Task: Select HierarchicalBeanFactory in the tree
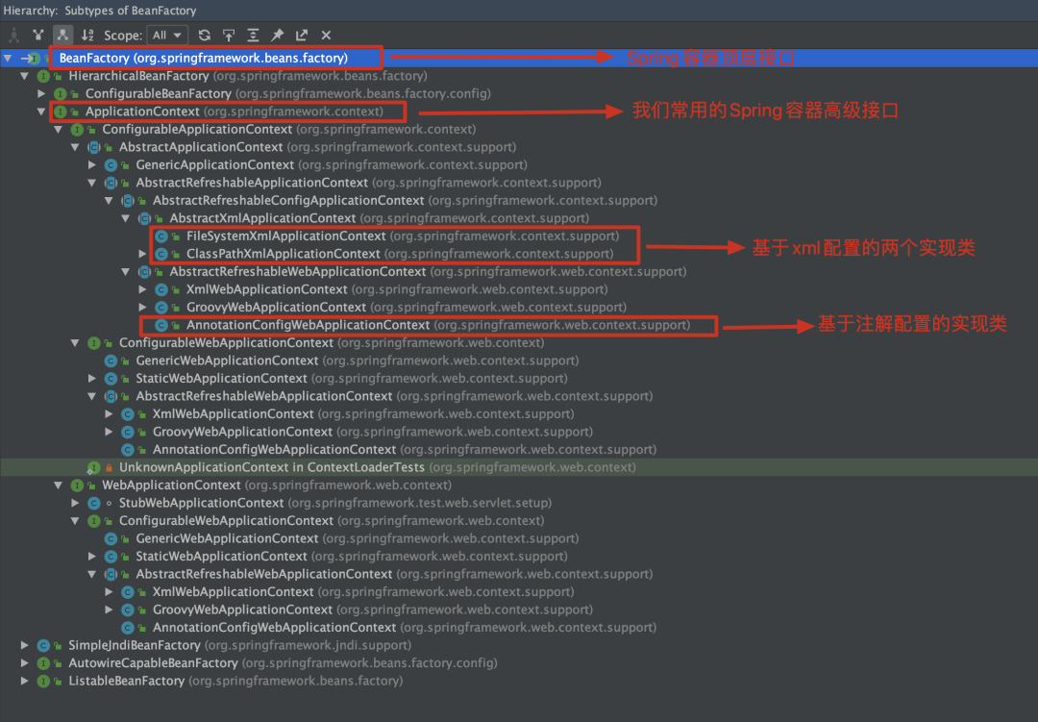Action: point(138,76)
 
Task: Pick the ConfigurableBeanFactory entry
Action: point(158,93)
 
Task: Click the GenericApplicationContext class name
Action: point(214,164)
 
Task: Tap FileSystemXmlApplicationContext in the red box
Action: point(285,236)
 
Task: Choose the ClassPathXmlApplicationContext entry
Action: point(283,254)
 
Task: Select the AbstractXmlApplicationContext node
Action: point(262,218)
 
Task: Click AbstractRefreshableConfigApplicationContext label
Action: point(288,200)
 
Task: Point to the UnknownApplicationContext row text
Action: point(271,467)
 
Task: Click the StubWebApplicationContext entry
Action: point(201,503)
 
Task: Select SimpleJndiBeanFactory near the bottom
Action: point(134,645)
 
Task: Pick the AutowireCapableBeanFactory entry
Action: point(153,663)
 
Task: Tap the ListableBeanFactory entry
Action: point(126,681)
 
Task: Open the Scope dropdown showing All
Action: point(167,36)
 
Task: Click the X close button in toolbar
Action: point(326,36)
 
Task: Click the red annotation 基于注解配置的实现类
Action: point(911,325)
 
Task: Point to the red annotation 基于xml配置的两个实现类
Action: point(863,247)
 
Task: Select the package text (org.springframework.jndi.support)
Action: point(307,645)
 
